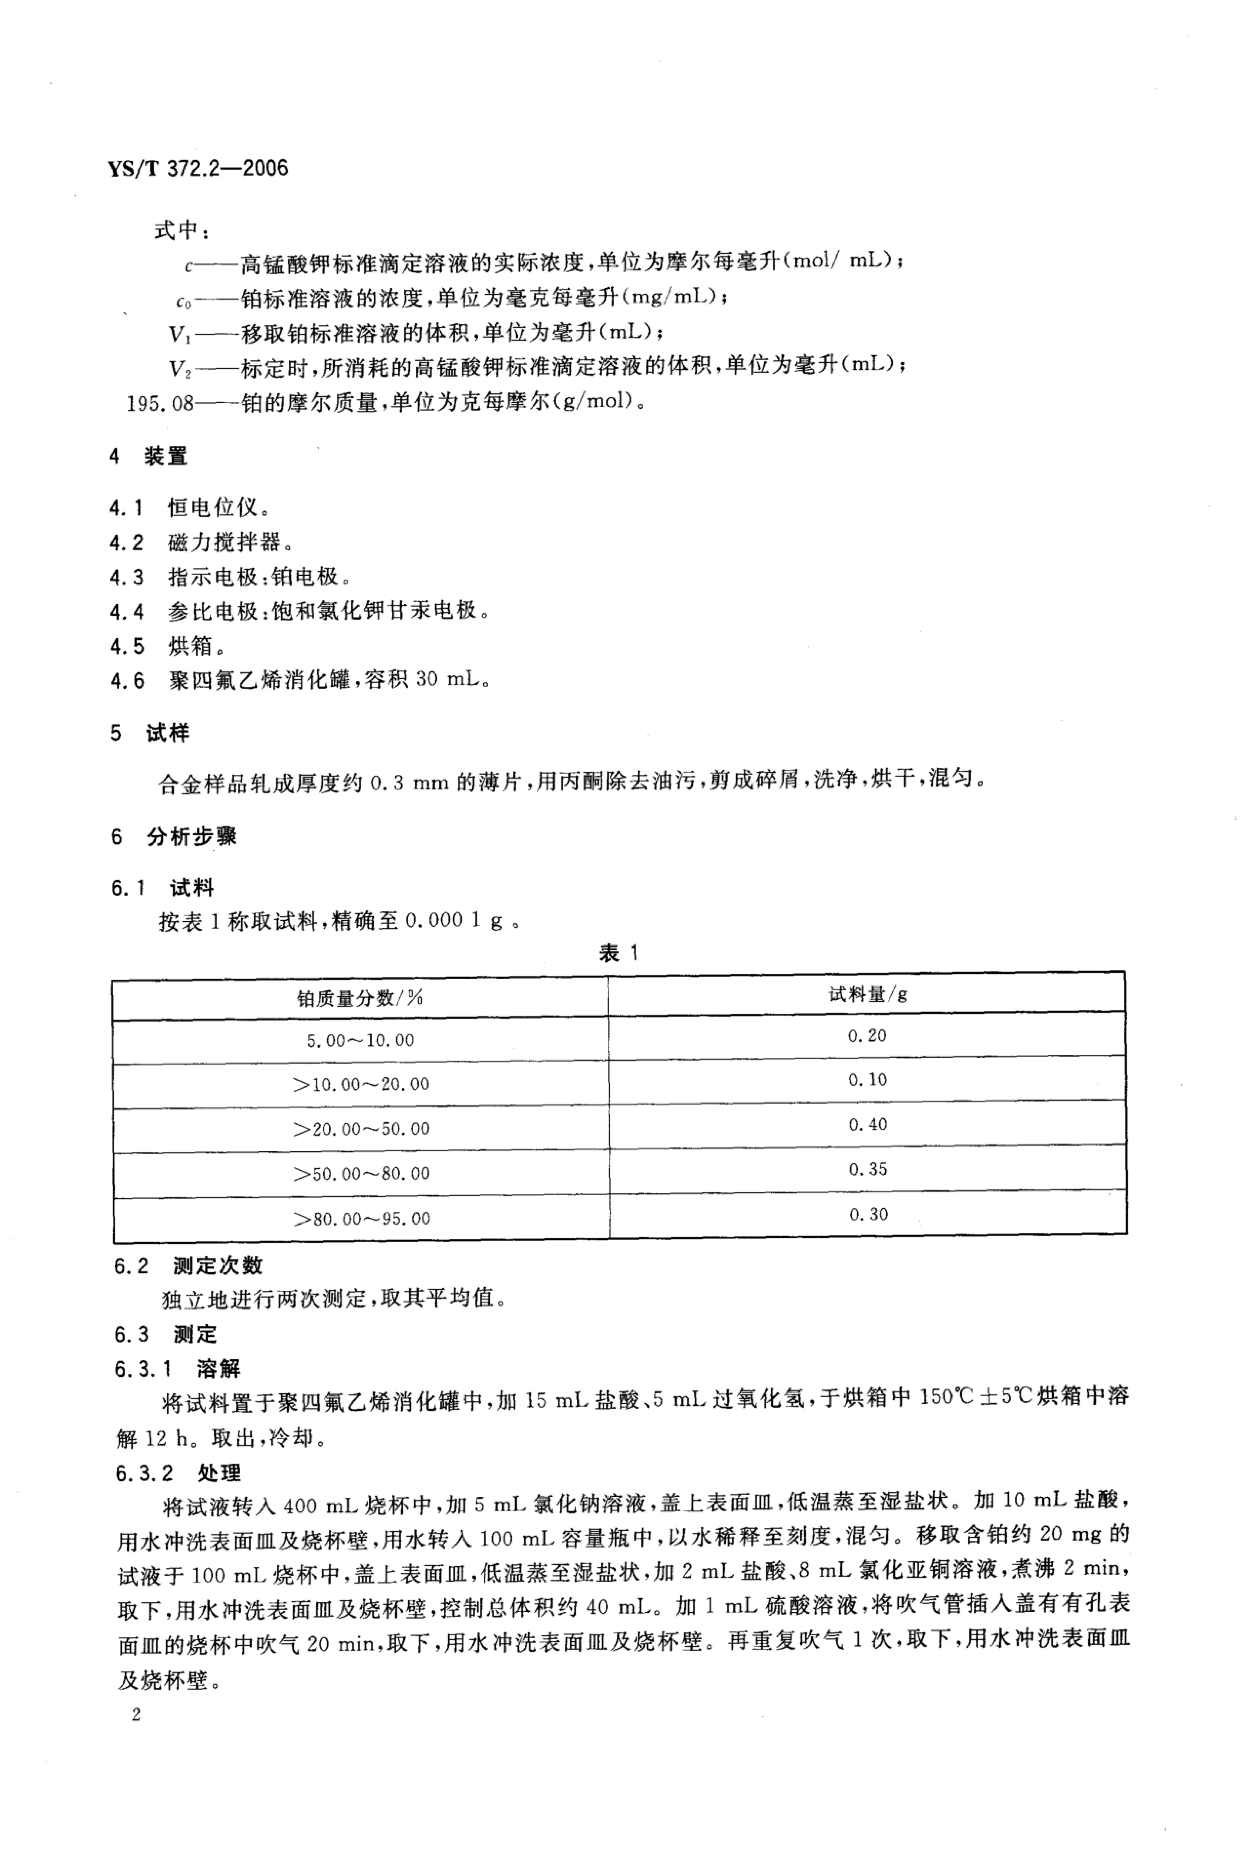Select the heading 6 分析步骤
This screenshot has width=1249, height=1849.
pyautogui.click(x=174, y=836)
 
